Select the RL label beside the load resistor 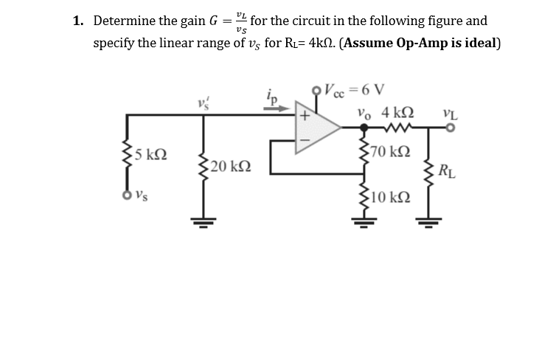point(447,175)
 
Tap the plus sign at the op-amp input point(303,116)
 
